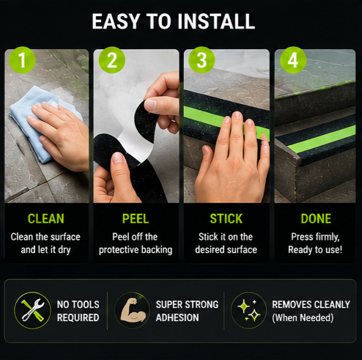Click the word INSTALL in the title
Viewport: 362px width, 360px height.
coord(216,21)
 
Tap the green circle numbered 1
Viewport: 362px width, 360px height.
coord(22,60)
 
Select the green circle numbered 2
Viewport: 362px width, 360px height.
coord(112,60)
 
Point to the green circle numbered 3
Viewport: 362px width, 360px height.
coord(202,60)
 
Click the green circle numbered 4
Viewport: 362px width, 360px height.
coord(293,60)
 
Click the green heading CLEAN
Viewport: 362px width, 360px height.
coord(46,218)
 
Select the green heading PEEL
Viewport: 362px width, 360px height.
coord(136,218)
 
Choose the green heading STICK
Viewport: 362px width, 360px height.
coord(226,218)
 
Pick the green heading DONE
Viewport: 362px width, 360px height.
coord(316,218)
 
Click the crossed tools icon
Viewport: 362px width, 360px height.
coord(33,310)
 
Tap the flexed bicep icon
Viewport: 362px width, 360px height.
coord(133,309)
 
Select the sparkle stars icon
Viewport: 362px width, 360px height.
coord(249,310)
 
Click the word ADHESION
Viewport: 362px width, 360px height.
coord(177,317)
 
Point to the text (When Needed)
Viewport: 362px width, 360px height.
coord(303,317)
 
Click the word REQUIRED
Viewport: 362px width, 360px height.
coord(78,317)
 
